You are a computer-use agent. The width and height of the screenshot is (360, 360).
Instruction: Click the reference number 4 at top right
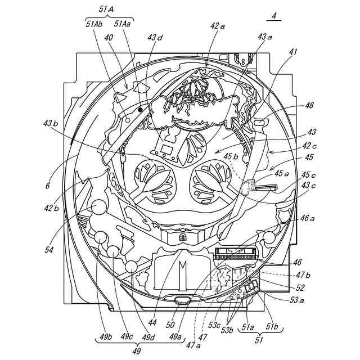tap(274, 16)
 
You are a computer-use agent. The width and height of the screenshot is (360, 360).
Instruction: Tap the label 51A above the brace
tap(106, 9)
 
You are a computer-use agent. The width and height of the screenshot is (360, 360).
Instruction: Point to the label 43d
tap(155, 38)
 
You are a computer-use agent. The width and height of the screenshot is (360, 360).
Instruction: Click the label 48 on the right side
tap(309, 105)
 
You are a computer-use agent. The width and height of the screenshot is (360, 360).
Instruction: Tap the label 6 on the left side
tap(48, 184)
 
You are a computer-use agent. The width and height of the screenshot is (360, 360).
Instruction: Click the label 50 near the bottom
tap(170, 325)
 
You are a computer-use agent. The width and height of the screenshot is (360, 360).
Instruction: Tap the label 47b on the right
tap(303, 276)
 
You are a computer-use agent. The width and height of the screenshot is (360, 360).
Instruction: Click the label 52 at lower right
tap(300, 287)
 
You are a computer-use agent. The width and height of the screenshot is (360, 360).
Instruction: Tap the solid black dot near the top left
tap(140, 110)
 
